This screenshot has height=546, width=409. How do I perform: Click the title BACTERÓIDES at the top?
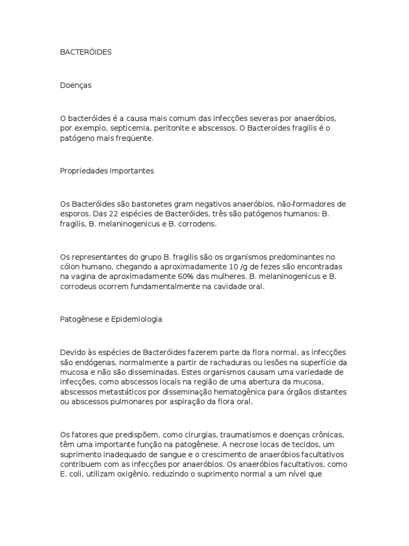[86, 52]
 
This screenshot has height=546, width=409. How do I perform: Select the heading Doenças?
[76, 85]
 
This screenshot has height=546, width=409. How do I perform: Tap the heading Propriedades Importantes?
[107, 171]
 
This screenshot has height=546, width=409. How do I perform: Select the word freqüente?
[136, 139]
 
